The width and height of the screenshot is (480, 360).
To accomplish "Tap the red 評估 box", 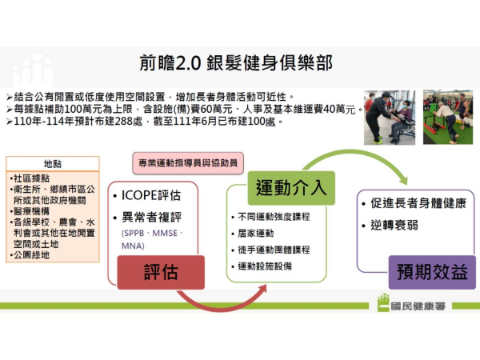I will click(x=160, y=271).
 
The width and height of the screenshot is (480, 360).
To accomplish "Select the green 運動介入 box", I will click(x=290, y=189).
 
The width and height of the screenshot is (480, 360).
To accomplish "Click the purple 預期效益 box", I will click(x=431, y=272).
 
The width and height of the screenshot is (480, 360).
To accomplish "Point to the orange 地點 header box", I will click(x=52, y=163).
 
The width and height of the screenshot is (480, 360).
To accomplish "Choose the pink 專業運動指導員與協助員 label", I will click(x=188, y=163).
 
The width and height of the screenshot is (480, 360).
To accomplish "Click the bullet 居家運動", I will click(x=258, y=233).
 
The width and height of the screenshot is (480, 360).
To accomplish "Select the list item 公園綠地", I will click(x=31, y=255).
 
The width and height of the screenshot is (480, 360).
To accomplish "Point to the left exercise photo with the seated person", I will click(x=390, y=117).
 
